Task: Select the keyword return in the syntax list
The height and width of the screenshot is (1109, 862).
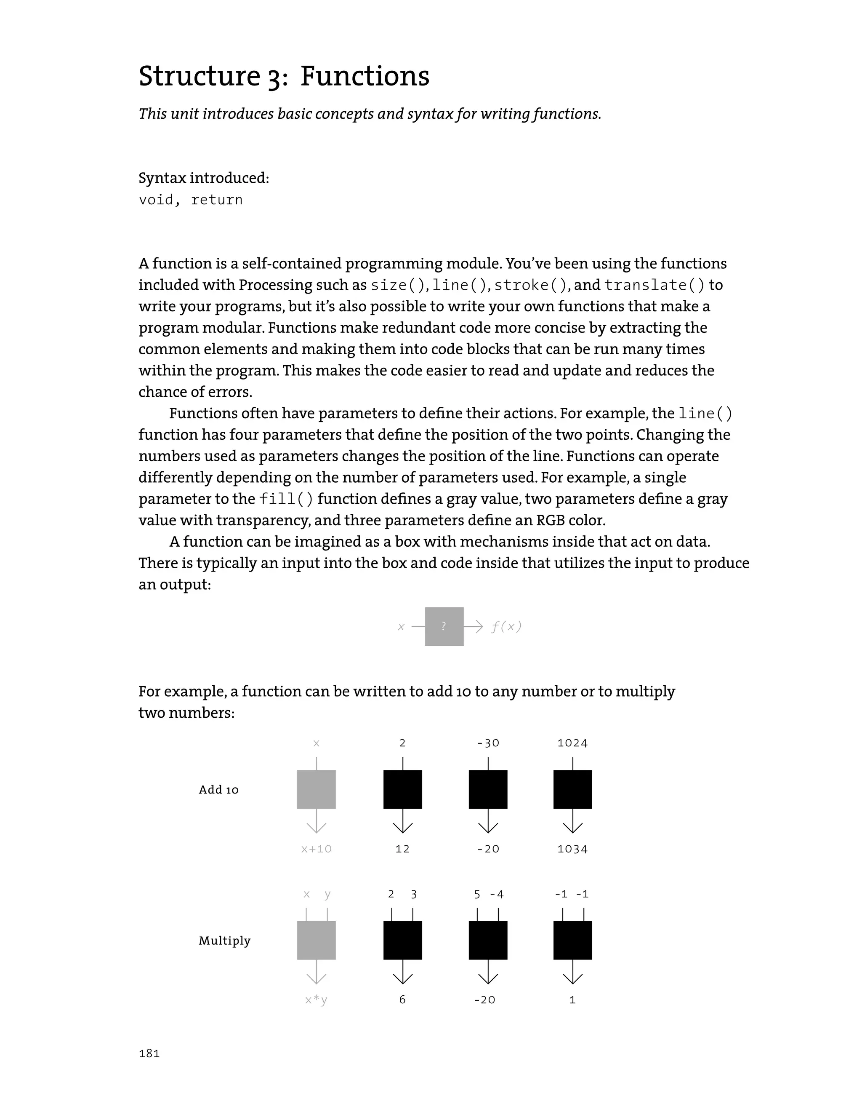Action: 217,200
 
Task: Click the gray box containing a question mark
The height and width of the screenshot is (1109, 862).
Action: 444,627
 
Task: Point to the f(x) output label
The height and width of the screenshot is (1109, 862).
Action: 506,627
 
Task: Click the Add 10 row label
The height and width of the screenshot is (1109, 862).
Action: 218,790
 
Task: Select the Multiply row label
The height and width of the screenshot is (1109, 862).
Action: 224,941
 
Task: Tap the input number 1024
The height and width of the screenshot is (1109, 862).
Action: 572,743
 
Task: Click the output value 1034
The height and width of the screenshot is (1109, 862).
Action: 572,849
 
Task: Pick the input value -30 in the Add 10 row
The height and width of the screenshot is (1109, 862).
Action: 488,743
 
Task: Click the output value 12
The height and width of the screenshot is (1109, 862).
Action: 402,849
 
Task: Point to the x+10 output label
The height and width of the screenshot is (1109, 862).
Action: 316,849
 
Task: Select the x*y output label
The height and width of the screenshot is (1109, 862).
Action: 316,1000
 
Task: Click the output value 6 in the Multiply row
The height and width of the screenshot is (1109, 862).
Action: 402,1000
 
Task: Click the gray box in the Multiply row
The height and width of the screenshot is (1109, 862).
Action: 316,940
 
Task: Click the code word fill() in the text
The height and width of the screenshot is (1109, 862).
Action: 286,499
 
